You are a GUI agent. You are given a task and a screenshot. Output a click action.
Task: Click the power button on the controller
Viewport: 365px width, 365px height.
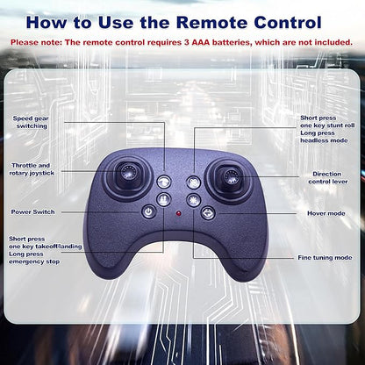pyautogui.click(x=149, y=211)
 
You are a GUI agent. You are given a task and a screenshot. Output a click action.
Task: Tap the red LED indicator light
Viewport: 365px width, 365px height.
pyautogui.click(x=178, y=213)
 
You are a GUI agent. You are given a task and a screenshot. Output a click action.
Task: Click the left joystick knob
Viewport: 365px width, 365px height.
pyautogui.click(x=128, y=171)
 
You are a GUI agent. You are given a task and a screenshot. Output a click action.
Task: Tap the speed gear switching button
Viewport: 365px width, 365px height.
pyautogui.click(x=164, y=182)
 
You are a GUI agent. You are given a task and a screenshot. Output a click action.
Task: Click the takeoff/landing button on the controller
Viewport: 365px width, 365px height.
pyautogui.click(x=163, y=199)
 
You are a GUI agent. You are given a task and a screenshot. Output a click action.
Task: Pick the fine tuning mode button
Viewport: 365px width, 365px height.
pyautogui.click(x=193, y=200)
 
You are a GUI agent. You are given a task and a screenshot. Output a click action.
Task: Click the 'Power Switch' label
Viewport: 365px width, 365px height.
pyautogui.click(x=32, y=211)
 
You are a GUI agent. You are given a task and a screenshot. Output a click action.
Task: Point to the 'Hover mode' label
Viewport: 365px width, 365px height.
pyautogui.click(x=326, y=213)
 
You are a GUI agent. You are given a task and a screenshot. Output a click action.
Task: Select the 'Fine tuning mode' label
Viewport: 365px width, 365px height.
pyautogui.click(x=325, y=258)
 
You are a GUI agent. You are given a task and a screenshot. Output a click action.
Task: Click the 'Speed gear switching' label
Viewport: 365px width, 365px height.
pyautogui.click(x=31, y=122)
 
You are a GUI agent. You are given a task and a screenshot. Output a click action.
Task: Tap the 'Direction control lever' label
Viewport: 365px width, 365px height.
pyautogui.click(x=327, y=177)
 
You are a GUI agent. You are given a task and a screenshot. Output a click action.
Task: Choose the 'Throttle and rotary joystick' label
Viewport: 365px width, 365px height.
pyautogui.click(x=32, y=169)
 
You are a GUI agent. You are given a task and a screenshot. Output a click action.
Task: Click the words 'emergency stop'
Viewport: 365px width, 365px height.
pyautogui.click(x=34, y=261)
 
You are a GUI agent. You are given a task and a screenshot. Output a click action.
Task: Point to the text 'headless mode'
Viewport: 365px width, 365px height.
pyautogui.click(x=324, y=140)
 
